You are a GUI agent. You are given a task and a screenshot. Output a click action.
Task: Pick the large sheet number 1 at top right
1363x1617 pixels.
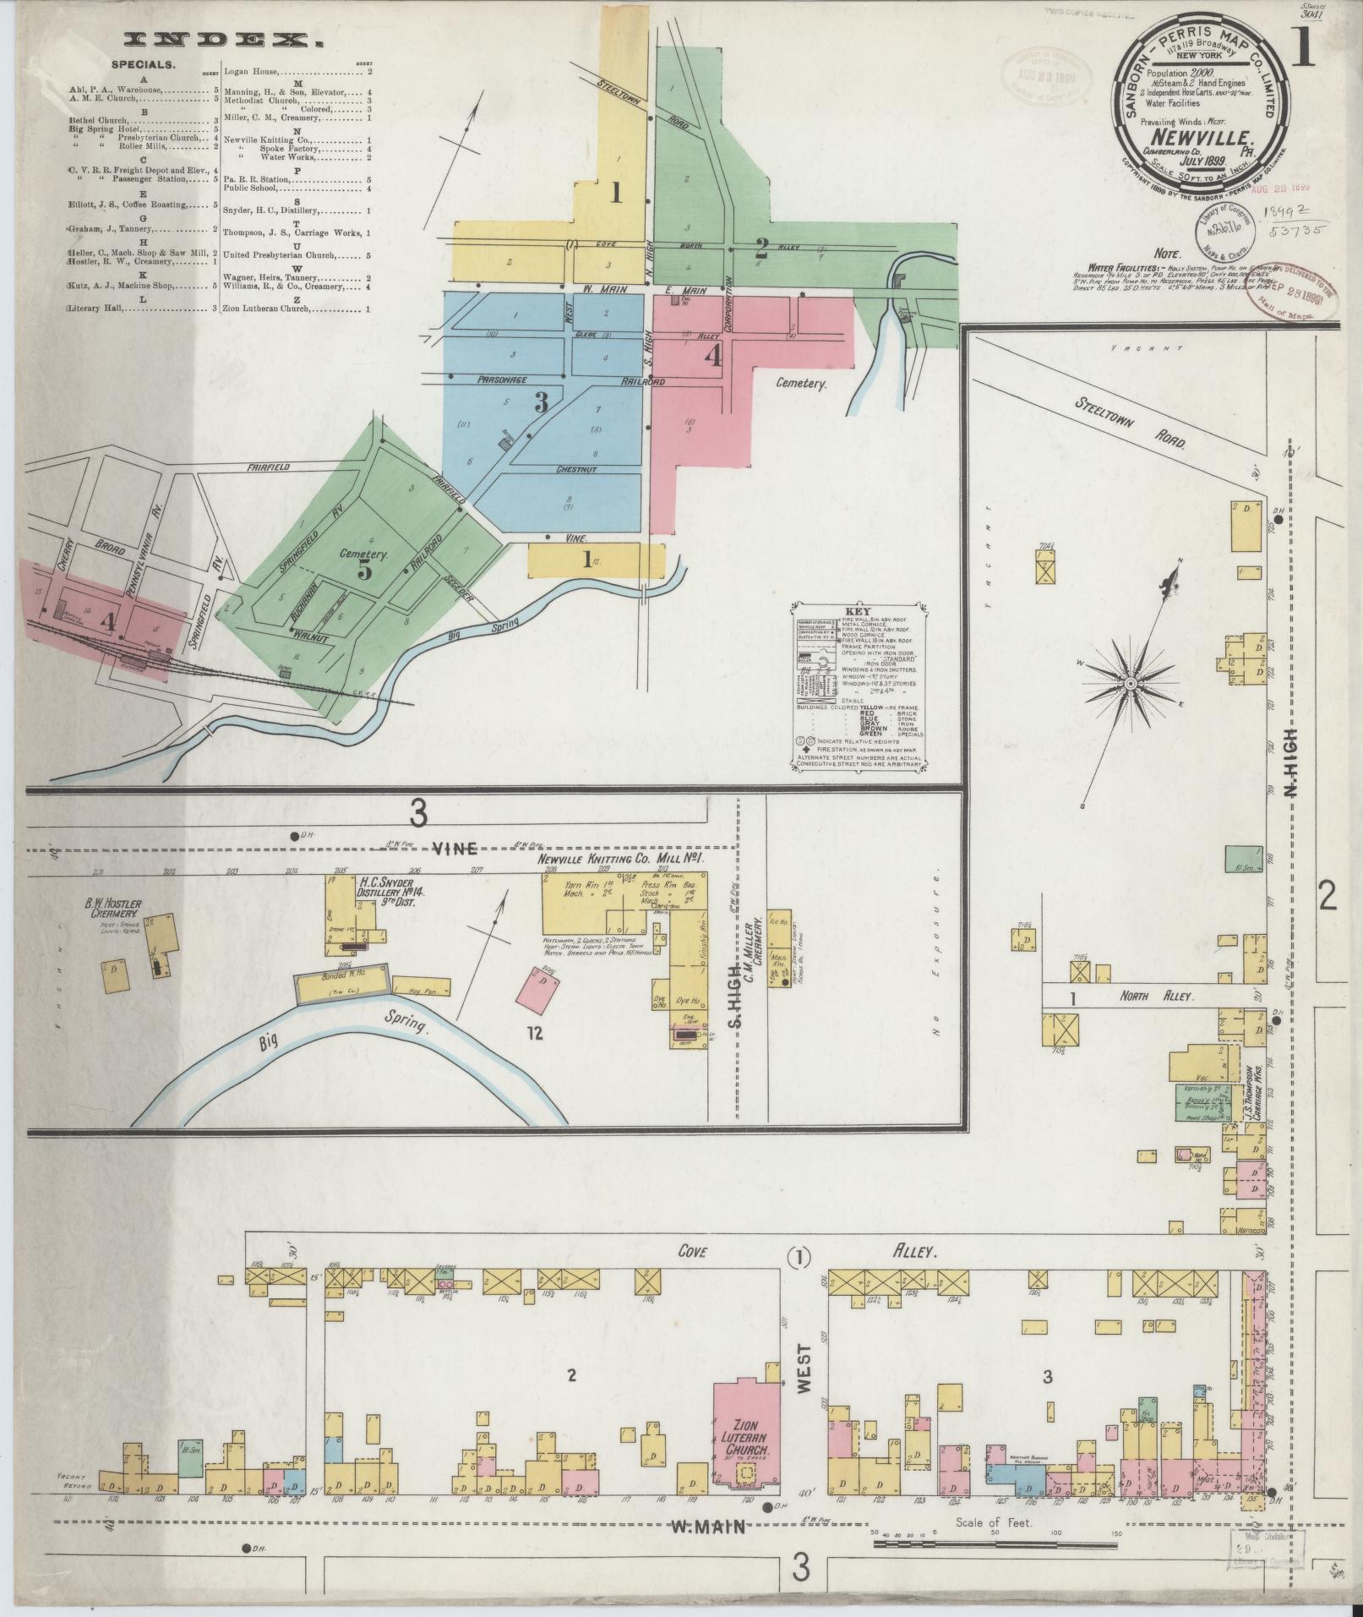1302,49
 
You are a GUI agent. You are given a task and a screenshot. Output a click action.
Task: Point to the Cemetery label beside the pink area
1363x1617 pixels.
799,383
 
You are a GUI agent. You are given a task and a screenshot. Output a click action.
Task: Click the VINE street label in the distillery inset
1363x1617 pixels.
454,848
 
